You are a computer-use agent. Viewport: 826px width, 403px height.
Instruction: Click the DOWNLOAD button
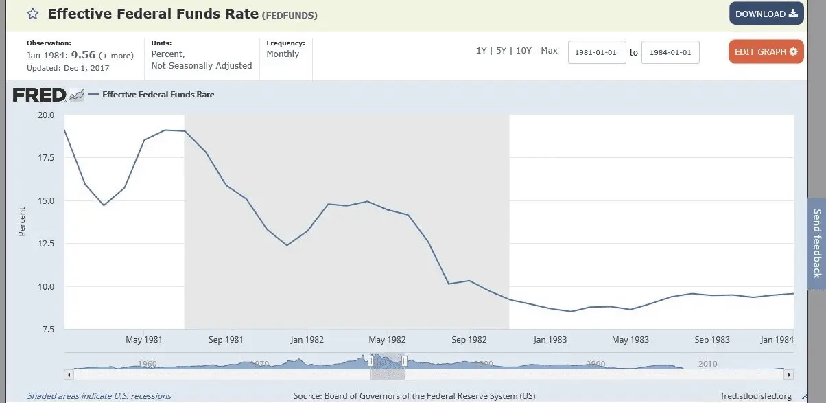pyautogui.click(x=766, y=14)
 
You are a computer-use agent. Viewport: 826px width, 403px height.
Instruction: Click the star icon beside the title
pyautogui.click(x=33, y=14)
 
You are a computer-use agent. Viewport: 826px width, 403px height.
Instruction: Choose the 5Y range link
pyautogui.click(x=502, y=51)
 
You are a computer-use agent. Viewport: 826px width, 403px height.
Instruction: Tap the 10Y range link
pyautogui.click(x=523, y=51)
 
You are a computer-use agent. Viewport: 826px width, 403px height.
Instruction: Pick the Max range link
pyautogui.click(x=549, y=51)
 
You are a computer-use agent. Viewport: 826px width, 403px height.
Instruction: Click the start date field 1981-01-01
pyautogui.click(x=597, y=52)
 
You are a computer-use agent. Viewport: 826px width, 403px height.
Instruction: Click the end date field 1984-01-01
pyautogui.click(x=670, y=52)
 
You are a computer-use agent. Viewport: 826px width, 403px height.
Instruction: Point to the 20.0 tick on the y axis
pyautogui.click(x=46, y=115)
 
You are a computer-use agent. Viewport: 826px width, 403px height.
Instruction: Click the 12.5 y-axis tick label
pyautogui.click(x=46, y=244)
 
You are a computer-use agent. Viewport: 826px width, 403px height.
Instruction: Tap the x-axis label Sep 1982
pyautogui.click(x=469, y=340)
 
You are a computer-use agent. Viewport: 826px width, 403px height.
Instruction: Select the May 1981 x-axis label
pyautogui.click(x=143, y=340)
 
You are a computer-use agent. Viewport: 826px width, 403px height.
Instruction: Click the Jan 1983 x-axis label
pyautogui.click(x=550, y=340)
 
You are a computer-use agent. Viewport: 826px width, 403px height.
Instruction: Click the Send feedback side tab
pyautogui.click(x=816, y=243)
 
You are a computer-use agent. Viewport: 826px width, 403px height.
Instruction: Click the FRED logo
pyautogui.click(x=40, y=95)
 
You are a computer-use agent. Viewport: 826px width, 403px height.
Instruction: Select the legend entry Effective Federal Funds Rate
pyautogui.click(x=158, y=95)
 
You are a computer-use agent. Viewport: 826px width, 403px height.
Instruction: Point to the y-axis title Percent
pyautogui.click(x=21, y=222)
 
